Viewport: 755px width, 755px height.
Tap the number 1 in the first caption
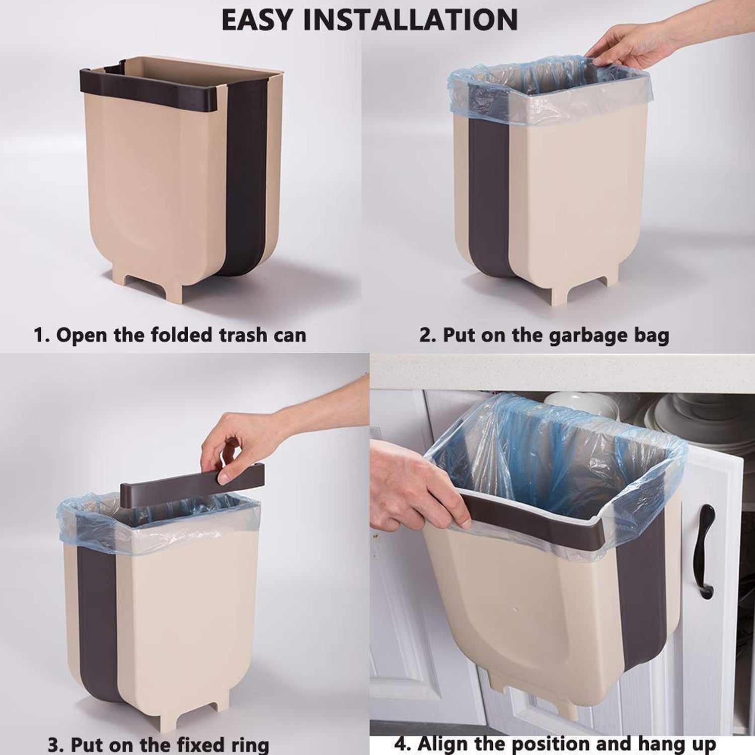pos(39,335)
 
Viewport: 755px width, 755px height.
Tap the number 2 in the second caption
pos(426,336)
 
